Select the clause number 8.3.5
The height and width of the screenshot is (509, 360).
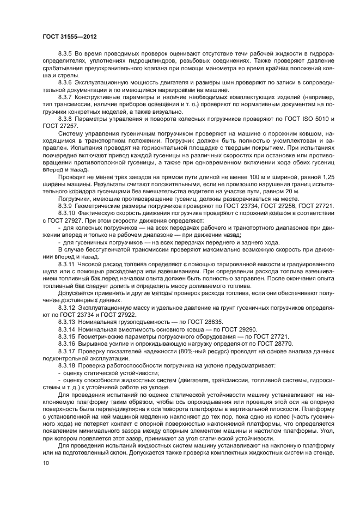coord(66,54)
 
